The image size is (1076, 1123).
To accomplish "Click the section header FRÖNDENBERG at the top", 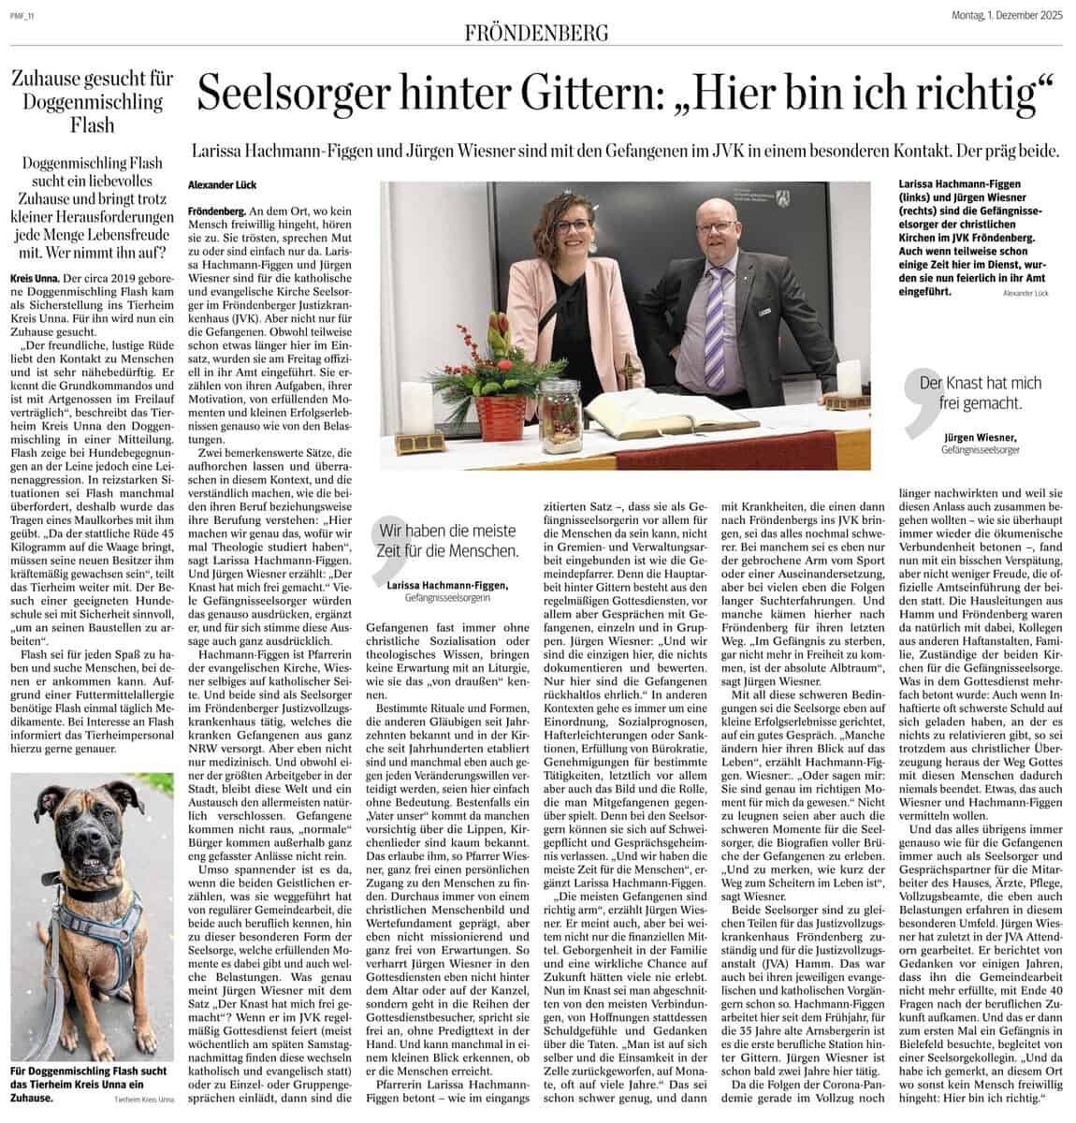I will pos(537,34).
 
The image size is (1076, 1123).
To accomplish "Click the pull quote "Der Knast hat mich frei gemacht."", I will pos(981,393).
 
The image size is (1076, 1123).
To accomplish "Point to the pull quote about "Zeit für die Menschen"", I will pos(448,540).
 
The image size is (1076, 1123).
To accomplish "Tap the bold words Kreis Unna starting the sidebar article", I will pos(32,279).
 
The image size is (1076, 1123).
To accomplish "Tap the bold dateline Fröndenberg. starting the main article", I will pos(216,213).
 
